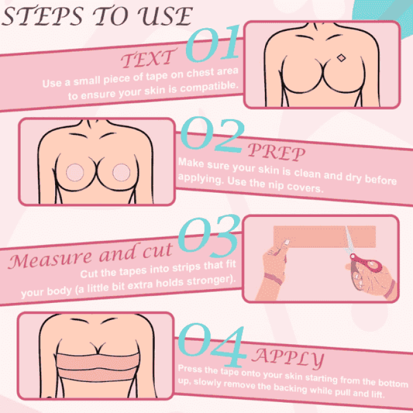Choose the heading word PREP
pyautogui.click(x=275, y=153)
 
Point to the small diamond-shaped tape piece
pyautogui.click(x=340, y=58)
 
